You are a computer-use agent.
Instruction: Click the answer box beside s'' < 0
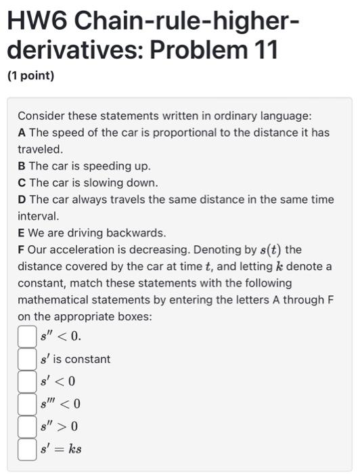click(27, 336)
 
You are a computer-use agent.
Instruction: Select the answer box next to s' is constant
click(27, 358)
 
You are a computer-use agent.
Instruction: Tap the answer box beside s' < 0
click(27, 381)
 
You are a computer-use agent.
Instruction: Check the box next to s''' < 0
click(27, 404)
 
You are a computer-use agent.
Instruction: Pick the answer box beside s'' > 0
click(27, 426)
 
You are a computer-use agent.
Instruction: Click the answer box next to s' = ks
click(27, 448)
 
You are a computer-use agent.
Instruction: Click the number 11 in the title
click(266, 51)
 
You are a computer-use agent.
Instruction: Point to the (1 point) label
click(30, 76)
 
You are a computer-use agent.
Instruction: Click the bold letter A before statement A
click(22, 132)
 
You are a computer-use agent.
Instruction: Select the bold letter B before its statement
click(22, 166)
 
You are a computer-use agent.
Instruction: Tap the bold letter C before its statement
click(22, 183)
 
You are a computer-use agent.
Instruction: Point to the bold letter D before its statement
click(22, 200)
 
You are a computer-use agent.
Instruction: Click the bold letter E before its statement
click(22, 233)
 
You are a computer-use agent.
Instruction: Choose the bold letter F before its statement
click(22, 250)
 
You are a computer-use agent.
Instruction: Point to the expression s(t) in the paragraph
click(267, 251)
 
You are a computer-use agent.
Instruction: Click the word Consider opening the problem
click(40, 116)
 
